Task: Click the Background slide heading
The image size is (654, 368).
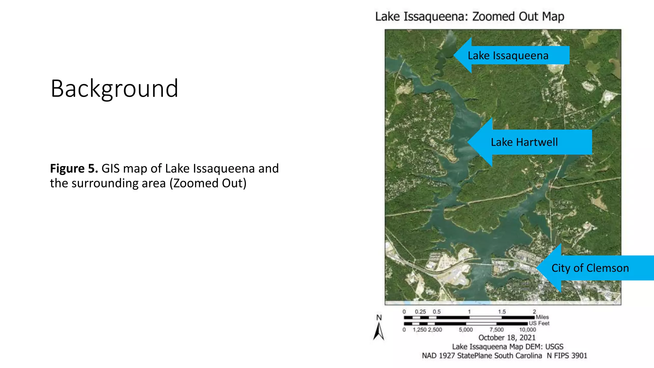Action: (114, 88)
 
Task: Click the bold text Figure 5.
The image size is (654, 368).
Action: (74, 168)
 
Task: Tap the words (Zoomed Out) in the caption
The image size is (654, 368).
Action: (208, 183)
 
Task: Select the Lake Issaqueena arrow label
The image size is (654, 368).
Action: (508, 56)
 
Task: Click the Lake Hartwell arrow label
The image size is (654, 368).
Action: (524, 142)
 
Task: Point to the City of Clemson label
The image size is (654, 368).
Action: (590, 268)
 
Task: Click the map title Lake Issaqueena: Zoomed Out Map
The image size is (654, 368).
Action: (469, 16)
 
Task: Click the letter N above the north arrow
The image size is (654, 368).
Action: (379, 318)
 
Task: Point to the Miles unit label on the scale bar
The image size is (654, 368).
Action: (542, 317)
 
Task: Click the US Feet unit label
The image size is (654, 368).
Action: (539, 323)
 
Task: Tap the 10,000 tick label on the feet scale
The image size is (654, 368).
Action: (527, 330)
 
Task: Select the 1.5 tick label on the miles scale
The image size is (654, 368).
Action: (502, 311)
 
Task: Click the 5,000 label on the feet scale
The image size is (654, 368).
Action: (466, 330)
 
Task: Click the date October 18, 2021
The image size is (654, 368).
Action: (507, 338)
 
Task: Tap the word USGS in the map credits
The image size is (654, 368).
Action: (554, 347)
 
